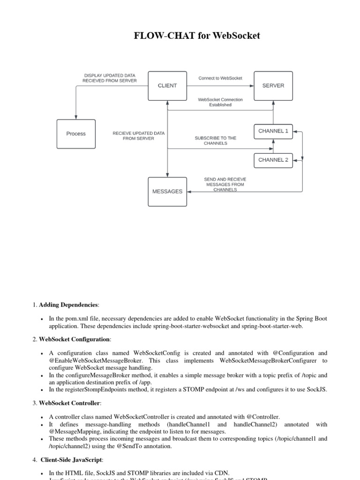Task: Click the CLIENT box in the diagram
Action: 167,86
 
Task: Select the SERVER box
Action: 273,86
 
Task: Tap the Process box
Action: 76,134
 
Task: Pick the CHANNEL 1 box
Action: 273,131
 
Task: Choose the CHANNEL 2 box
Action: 273,160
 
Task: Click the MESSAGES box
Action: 167,192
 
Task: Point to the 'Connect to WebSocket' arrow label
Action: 220,78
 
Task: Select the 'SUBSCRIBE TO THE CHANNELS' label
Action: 216,141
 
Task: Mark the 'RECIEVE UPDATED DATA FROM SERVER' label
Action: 139,136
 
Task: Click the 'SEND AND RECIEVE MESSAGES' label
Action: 225,185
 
